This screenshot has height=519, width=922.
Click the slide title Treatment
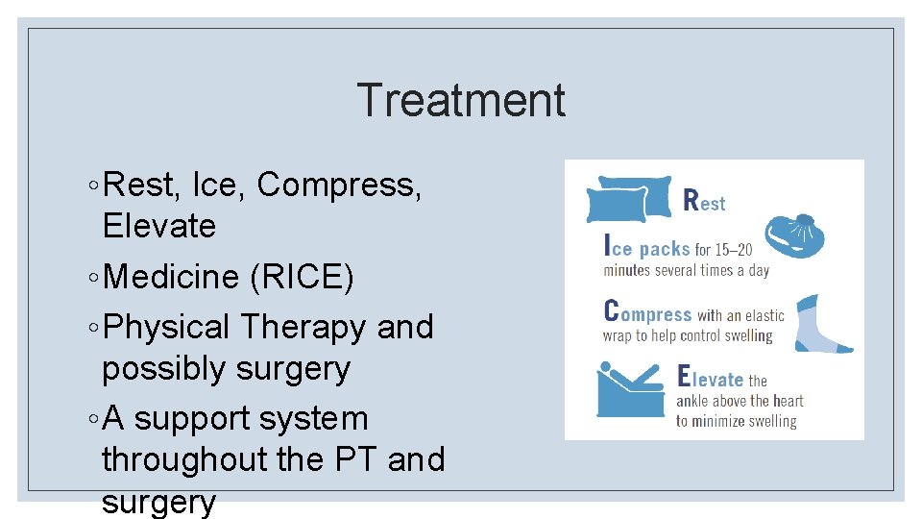[x=461, y=101]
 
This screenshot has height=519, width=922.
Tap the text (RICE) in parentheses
[x=302, y=278]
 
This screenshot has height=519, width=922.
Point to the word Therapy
[x=303, y=327]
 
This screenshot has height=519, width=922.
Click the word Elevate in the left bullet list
[x=158, y=227]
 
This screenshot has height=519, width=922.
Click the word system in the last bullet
[x=319, y=419]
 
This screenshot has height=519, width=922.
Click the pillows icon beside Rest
[x=629, y=198]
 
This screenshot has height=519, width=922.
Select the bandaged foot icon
[x=823, y=324]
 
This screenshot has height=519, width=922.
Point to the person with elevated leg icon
[x=630, y=389]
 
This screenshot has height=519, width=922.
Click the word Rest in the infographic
[x=704, y=201]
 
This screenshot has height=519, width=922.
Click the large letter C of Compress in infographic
[x=611, y=311]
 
